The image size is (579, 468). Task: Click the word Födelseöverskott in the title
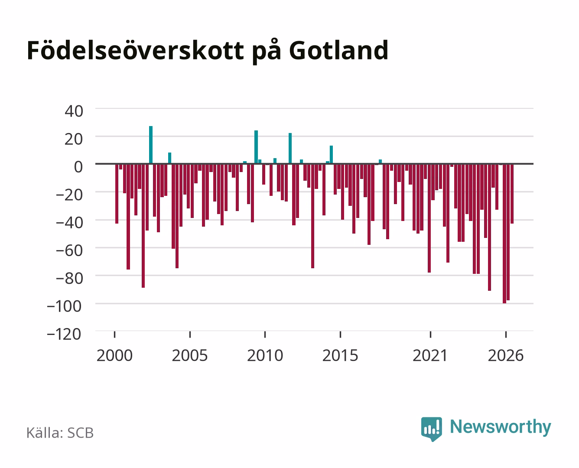(x=135, y=50)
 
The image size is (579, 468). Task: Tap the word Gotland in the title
(x=338, y=50)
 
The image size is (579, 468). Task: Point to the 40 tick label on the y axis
(x=74, y=111)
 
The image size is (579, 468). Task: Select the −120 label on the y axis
(x=64, y=334)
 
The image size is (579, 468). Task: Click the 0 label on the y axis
(x=78, y=167)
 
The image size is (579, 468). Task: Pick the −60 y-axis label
(x=69, y=250)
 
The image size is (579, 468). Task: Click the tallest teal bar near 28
(x=151, y=145)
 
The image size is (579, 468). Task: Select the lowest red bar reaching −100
(x=504, y=234)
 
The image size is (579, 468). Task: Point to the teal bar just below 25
(x=256, y=147)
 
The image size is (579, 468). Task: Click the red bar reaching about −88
(x=143, y=226)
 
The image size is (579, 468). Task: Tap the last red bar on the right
(x=512, y=194)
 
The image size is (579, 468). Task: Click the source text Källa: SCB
(x=60, y=433)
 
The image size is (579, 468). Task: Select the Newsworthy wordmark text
(x=501, y=427)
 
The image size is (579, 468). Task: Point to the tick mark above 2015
(x=340, y=335)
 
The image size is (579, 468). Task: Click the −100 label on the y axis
(x=64, y=306)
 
